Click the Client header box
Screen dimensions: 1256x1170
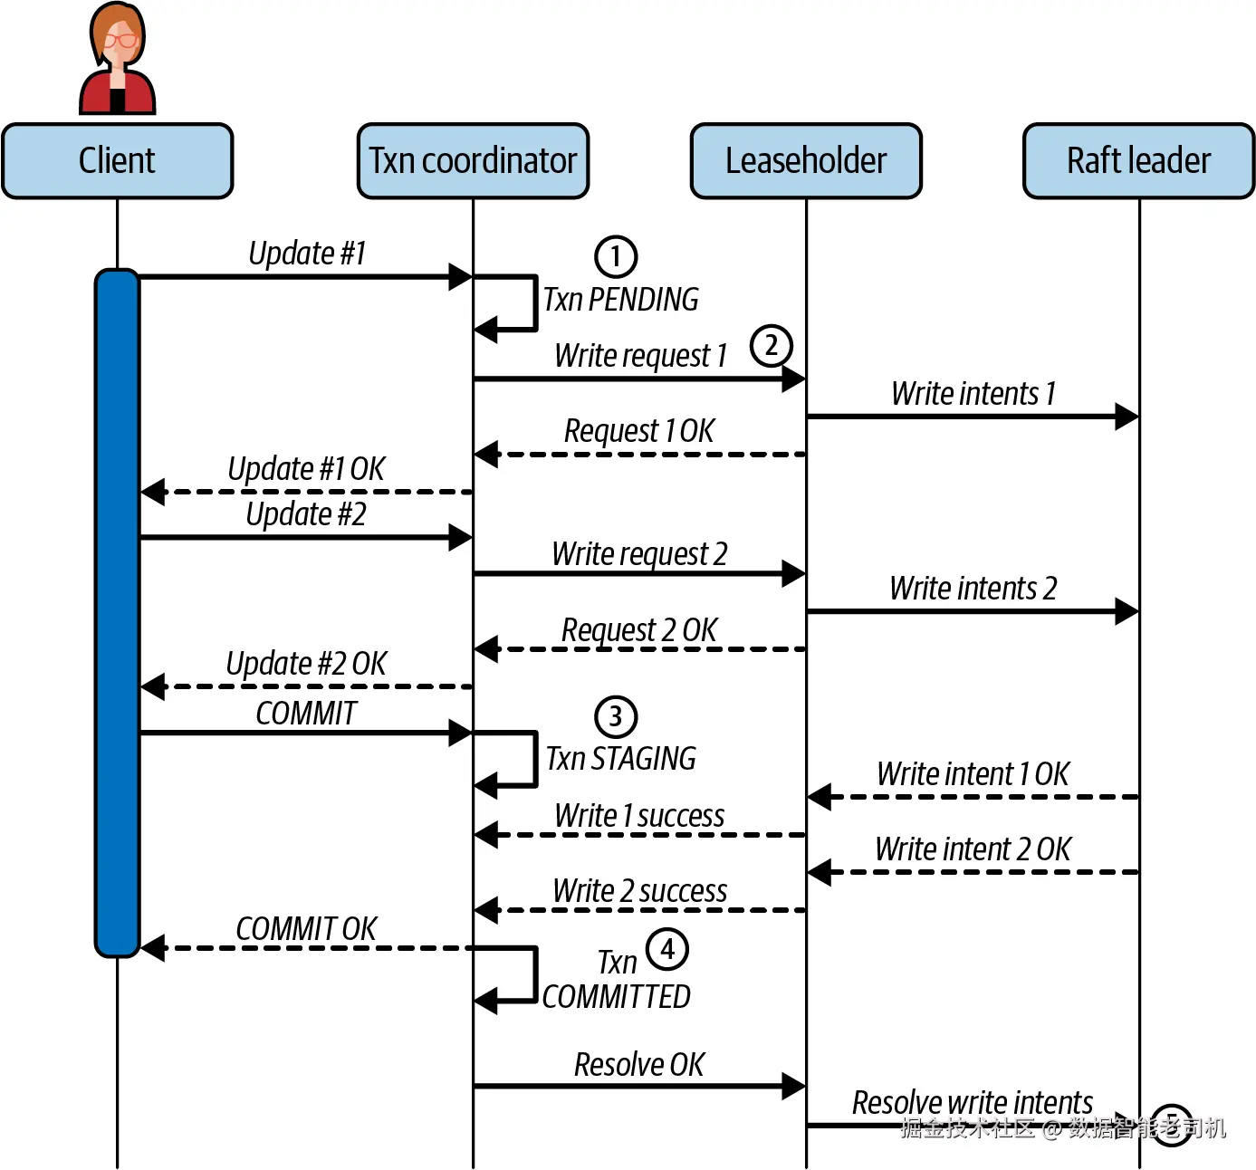tap(118, 160)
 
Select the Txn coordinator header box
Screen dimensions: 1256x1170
tap(473, 160)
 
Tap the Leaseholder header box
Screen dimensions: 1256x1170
tap(806, 160)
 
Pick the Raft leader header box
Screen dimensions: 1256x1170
tap(1138, 160)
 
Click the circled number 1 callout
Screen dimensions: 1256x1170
tap(616, 257)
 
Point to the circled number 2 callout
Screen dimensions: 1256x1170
tap(771, 346)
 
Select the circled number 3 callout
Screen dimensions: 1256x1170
tap(616, 716)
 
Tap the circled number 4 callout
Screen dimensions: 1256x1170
tap(667, 949)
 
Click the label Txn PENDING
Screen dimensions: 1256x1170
tap(621, 300)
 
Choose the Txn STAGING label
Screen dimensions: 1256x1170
tap(621, 758)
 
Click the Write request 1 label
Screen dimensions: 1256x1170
tap(640, 355)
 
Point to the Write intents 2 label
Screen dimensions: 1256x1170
tap(973, 588)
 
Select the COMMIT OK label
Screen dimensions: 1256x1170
tap(306, 928)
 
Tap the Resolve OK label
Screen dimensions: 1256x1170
tap(638, 1064)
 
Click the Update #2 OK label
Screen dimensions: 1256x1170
tap(306, 664)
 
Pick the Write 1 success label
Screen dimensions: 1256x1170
tap(639, 815)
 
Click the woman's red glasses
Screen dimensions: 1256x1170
tap(120, 41)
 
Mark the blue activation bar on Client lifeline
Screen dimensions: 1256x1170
tap(117, 612)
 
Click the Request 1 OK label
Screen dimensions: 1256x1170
tap(638, 431)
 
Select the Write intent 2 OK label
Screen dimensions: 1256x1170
tap(973, 849)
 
